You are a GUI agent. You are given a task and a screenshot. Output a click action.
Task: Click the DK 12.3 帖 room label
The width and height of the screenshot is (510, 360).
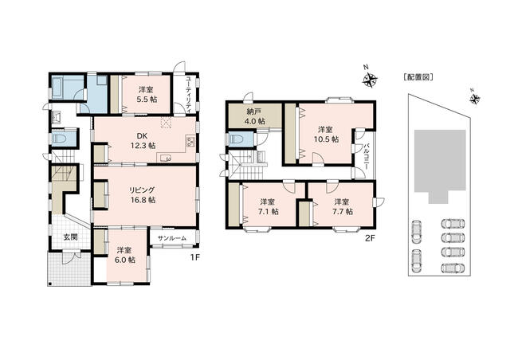[x=143, y=141]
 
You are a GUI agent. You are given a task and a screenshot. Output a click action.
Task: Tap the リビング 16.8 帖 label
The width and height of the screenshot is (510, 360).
[x=142, y=195]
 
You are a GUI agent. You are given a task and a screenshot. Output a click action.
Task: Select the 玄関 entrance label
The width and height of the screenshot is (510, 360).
[x=70, y=237]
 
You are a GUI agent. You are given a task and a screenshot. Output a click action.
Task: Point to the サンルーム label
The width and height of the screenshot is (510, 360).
[x=172, y=238]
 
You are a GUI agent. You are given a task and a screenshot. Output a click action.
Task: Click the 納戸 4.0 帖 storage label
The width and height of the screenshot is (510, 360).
[x=256, y=116]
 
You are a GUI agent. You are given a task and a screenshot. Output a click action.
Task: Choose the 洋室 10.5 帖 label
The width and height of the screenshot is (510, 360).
[x=326, y=135]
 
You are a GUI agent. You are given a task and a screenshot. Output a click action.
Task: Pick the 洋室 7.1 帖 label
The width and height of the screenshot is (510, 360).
[x=268, y=207]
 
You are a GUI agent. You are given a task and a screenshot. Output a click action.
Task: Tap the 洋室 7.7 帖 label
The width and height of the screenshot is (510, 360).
[x=343, y=207]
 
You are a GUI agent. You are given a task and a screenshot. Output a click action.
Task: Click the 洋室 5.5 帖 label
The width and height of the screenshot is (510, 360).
[x=147, y=95]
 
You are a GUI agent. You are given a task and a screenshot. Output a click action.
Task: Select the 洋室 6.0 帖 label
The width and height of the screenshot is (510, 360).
[x=125, y=256]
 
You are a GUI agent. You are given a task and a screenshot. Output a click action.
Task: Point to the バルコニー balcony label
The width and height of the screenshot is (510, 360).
[x=367, y=156]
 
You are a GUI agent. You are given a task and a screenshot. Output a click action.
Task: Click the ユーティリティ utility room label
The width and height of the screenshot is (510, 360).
[x=188, y=94]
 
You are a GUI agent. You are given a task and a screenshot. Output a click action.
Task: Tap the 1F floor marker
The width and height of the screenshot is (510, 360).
[x=194, y=257]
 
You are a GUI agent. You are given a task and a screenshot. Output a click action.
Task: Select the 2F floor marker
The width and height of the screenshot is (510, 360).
[x=370, y=238]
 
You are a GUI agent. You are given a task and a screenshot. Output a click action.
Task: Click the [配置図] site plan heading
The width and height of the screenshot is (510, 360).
[x=418, y=77]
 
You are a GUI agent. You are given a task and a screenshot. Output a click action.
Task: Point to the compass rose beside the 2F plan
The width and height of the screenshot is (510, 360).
[x=370, y=78]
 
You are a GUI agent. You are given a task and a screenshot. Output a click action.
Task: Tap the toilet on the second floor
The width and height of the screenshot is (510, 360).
[x=237, y=140]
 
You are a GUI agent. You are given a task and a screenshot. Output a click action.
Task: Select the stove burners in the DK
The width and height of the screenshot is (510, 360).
[x=190, y=142]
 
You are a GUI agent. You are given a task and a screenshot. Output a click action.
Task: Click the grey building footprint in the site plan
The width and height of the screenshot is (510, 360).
[x=439, y=163]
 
